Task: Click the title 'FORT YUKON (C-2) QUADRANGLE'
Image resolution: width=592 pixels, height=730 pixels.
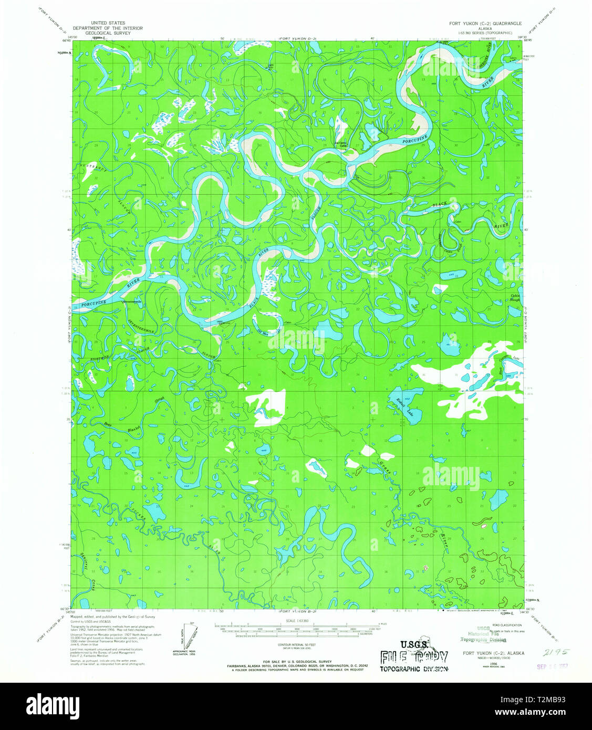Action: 485,24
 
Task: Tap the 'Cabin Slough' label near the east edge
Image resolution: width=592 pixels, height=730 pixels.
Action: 516,298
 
